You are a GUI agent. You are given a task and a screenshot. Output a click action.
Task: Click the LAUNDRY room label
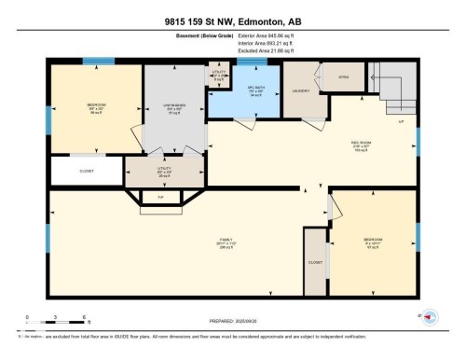[x=301, y=90]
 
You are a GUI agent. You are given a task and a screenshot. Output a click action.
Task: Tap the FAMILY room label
[x=226, y=240]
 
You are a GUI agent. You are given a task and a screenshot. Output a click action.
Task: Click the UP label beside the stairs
[x=401, y=122]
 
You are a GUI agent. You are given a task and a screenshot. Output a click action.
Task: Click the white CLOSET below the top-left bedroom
[x=87, y=171]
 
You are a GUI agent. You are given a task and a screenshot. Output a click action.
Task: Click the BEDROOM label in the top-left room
[x=96, y=104]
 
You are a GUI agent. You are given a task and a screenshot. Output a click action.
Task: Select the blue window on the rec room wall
[x=418, y=140]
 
